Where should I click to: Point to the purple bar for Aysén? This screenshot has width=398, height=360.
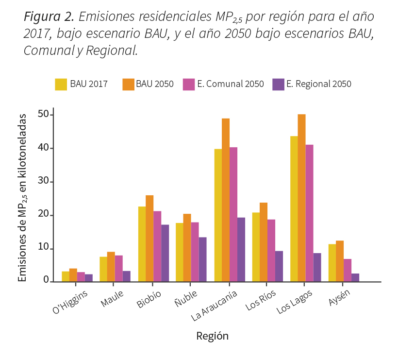tap(355, 277)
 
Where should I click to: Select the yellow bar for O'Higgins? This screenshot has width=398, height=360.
tap(66, 276)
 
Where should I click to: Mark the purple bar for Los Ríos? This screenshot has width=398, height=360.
tap(279, 266)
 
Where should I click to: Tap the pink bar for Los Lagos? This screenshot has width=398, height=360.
tap(309, 213)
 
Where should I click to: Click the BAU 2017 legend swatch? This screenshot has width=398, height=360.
tap(61, 84)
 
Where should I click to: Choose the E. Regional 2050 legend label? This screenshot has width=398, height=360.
tap(318, 84)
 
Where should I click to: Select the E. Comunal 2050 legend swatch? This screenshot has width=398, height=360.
tap(188, 84)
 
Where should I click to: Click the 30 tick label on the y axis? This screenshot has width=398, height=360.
tap(43, 182)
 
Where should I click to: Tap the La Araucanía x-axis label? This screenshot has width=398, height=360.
tap(215, 306)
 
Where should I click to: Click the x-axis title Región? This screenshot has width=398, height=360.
tap(212, 336)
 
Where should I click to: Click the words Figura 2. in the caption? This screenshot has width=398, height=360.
tap(49, 17)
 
